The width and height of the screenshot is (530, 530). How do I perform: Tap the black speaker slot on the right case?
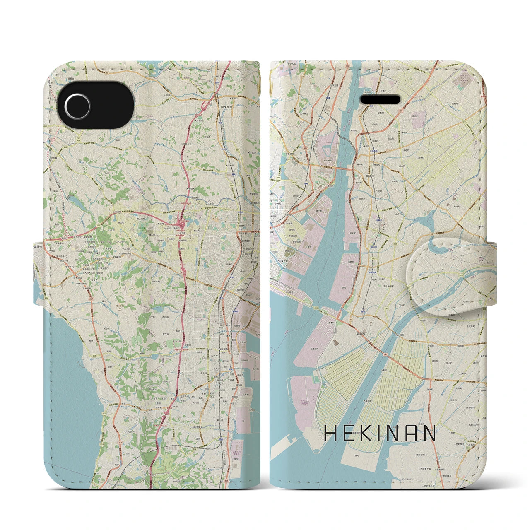point(381,99)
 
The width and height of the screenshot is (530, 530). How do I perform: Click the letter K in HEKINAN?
point(369,434)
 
